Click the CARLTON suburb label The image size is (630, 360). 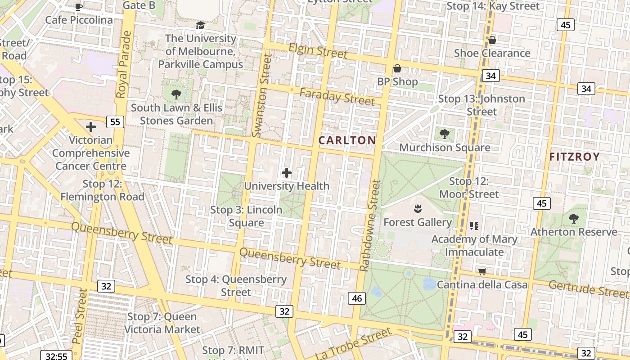tap(347, 140)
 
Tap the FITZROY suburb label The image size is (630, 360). tap(575, 157)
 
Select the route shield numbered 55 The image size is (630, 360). tap(115, 121)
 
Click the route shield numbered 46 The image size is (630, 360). tap(357, 298)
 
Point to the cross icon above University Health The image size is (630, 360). tap(287, 173)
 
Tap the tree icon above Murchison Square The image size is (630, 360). tap(445, 134)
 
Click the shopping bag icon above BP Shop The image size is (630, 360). tap(397, 68)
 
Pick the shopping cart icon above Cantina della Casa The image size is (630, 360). tap(482, 271)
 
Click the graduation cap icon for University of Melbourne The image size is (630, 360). tap(200, 25)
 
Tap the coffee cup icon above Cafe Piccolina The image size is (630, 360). tap(79, 6)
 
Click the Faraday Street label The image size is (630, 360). tap(337, 97)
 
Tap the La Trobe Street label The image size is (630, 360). tap(354, 344)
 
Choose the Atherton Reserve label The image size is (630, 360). tap(574, 232)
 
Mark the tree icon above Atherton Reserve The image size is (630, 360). tap(573, 219)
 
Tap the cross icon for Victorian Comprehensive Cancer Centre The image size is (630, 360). tap(91, 127)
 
